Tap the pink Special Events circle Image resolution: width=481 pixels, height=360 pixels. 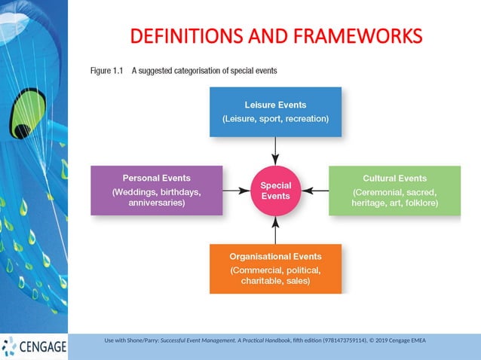pyautogui.click(x=275, y=191)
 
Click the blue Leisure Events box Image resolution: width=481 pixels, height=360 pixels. pyautogui.click(x=275, y=111)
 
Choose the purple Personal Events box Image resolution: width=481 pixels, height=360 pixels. pyautogui.click(x=156, y=191)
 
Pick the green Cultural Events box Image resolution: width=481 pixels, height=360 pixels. pyautogui.click(x=394, y=191)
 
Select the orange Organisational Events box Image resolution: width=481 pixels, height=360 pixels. pyautogui.click(x=275, y=268)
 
